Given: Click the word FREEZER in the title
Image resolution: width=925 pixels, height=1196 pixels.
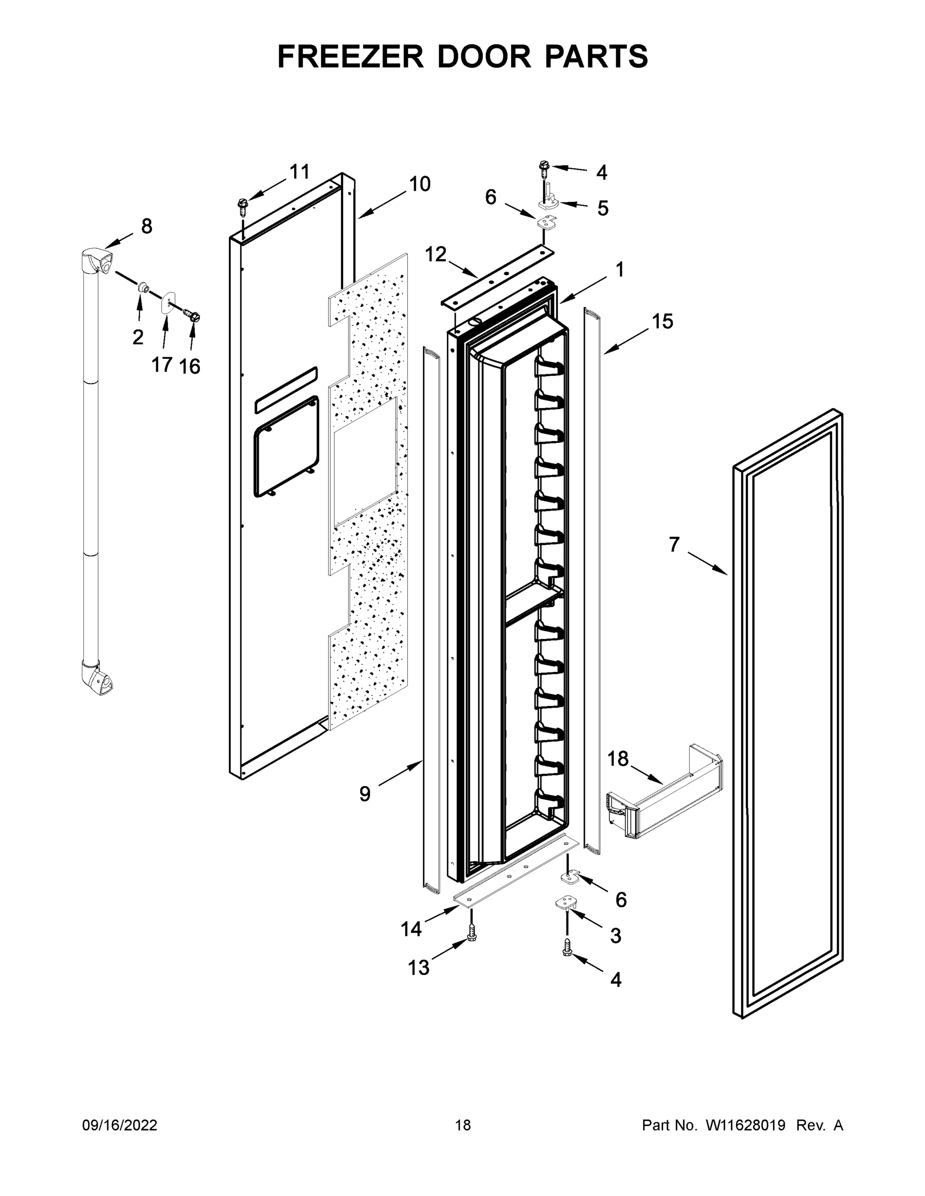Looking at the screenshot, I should click(350, 57).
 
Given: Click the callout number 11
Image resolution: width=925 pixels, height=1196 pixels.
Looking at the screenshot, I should click(299, 172).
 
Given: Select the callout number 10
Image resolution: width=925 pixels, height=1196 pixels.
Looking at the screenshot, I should click(420, 184).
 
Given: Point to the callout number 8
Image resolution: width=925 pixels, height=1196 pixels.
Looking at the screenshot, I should click(146, 226).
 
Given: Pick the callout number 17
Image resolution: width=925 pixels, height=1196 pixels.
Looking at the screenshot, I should click(162, 364).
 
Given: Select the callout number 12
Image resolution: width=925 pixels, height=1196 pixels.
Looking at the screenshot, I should click(436, 254).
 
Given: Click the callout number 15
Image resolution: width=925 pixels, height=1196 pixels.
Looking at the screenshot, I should click(662, 321).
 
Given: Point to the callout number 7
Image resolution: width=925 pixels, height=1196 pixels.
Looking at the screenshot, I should click(674, 544).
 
